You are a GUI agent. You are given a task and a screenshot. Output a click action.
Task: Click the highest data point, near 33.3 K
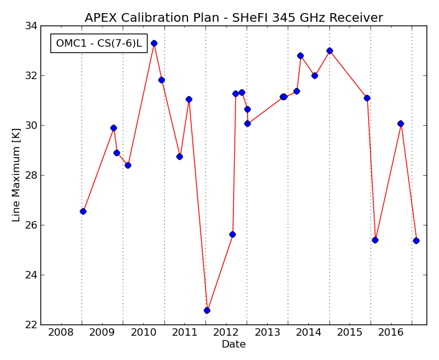[x=154, y=44]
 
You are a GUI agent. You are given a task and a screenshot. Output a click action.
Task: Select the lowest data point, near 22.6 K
[x=207, y=310]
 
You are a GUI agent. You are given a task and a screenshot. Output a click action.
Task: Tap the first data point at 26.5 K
[x=83, y=211]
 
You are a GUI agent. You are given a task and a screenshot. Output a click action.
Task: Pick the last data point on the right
[x=416, y=241]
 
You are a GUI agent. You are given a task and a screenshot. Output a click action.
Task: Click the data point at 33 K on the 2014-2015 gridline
[x=329, y=50]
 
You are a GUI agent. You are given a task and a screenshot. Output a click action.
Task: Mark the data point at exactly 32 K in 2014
[x=314, y=75]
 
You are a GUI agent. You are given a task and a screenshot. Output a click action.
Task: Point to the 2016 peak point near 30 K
[x=400, y=124]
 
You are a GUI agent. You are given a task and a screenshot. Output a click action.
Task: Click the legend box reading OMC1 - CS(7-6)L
[x=99, y=43]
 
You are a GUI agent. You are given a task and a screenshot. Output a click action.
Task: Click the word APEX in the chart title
[x=101, y=17]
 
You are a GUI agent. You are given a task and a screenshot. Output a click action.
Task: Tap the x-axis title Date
[x=234, y=344]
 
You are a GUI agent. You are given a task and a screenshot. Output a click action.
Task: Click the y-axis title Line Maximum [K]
[x=16, y=175]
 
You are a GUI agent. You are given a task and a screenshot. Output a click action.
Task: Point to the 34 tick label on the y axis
[x=31, y=26]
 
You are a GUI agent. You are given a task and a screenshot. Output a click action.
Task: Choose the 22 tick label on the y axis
[x=31, y=324]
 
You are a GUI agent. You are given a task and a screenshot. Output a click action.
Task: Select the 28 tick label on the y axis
[x=31, y=175]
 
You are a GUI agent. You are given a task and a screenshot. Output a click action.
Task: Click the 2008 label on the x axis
[x=61, y=333]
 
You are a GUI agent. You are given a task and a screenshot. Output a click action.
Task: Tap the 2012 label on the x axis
[x=225, y=333]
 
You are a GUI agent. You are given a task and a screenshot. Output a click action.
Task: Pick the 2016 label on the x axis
[x=391, y=333]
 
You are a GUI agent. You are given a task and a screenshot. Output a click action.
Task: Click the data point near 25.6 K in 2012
[x=232, y=235]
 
